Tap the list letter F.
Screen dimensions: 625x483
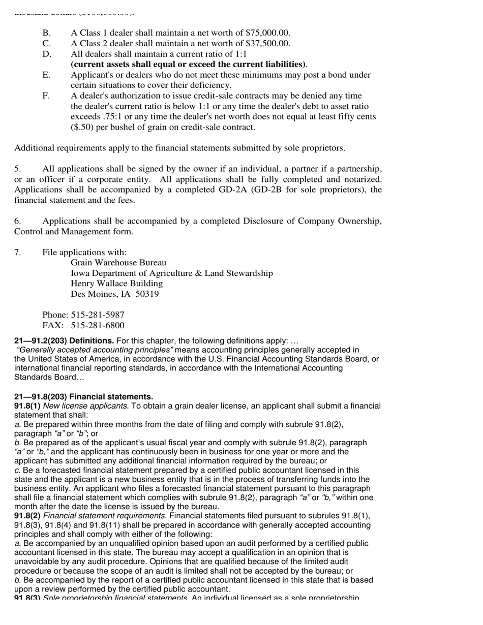(46, 96)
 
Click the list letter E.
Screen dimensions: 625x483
(46, 75)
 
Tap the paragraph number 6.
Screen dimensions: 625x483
(17, 221)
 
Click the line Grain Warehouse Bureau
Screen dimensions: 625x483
(118, 263)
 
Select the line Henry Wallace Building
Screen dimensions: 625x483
(116, 284)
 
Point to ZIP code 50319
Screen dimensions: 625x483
(147, 294)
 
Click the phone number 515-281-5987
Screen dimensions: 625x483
(98, 315)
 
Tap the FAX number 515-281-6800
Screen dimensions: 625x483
(98, 326)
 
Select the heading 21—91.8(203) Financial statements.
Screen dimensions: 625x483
(83, 397)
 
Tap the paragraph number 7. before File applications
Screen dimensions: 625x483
(17, 253)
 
